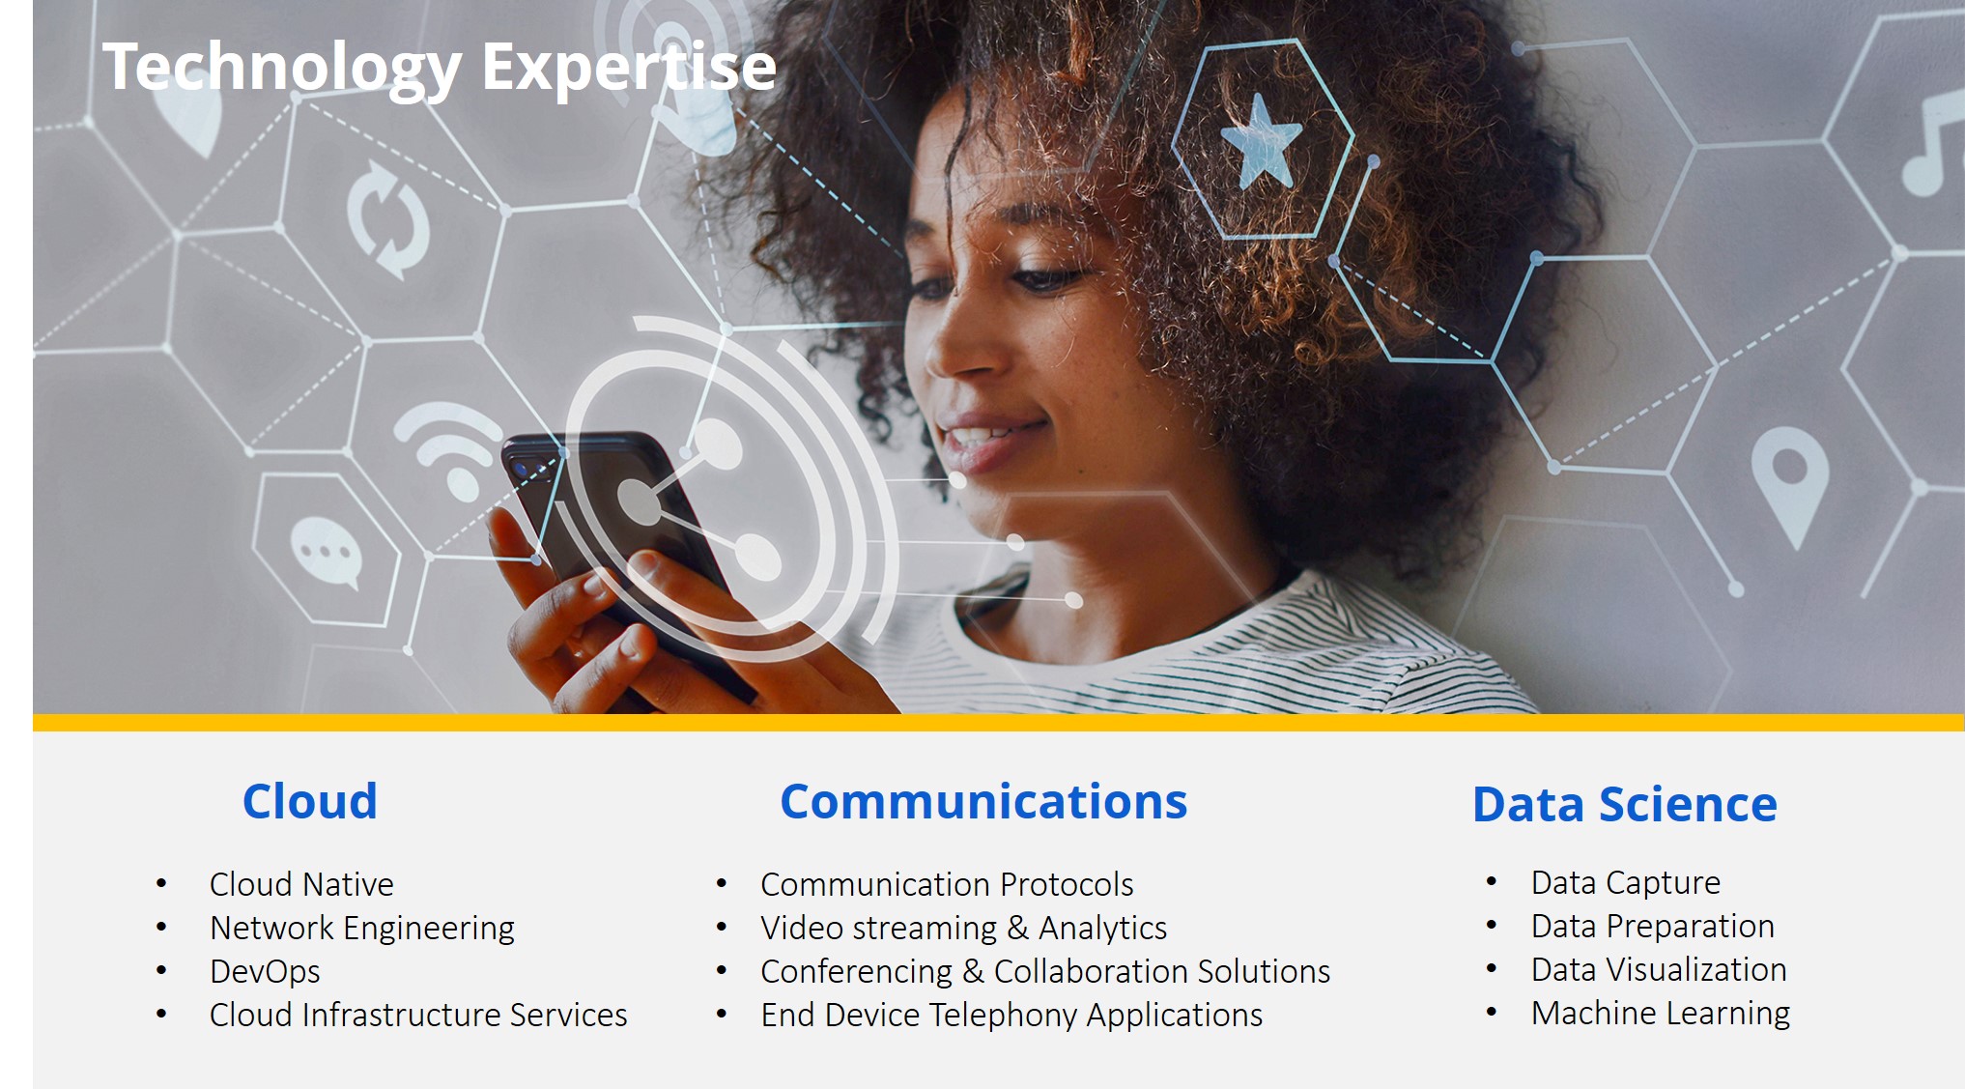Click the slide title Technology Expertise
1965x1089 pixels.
pyautogui.click(x=440, y=68)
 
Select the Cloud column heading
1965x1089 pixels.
pyautogui.click(x=310, y=801)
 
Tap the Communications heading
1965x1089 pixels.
pyautogui.click(x=983, y=801)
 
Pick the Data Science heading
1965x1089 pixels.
pyautogui.click(x=1625, y=804)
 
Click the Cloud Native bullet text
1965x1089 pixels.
pyautogui.click(x=301, y=884)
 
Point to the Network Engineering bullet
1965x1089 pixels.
pyautogui.click(x=362, y=929)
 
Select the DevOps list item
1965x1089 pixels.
pyautogui.click(x=265, y=972)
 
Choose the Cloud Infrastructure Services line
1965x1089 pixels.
pyautogui.click(x=418, y=1015)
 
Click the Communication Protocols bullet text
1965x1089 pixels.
pyautogui.click(x=947, y=884)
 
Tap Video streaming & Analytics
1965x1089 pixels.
pyautogui.click(x=964, y=929)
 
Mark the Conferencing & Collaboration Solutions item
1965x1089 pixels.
pyautogui.click(x=1045, y=972)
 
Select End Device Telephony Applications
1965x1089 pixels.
pyautogui.click(x=1011, y=1016)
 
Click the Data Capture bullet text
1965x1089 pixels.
pyautogui.click(x=1626, y=883)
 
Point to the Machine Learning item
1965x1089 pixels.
pyautogui.click(x=1661, y=1014)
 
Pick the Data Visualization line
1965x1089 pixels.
pyautogui.click(x=1659, y=970)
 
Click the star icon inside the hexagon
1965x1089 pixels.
pyautogui.click(x=1261, y=141)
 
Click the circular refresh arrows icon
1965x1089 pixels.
pyautogui.click(x=388, y=219)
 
